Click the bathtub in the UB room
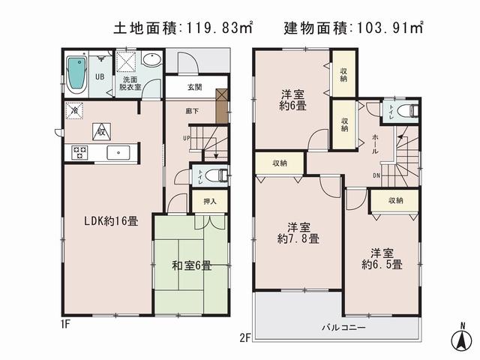click(x=76, y=76)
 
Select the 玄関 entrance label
click(x=194, y=88)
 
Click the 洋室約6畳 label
click(x=292, y=100)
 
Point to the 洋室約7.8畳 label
click(x=298, y=232)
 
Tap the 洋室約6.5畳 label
click(x=382, y=259)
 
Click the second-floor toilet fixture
click(x=406, y=112)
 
